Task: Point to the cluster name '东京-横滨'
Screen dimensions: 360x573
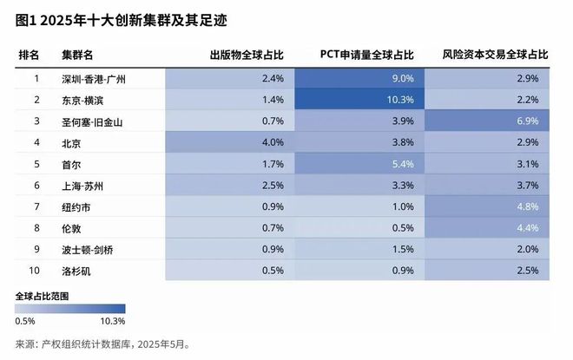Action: point(82,100)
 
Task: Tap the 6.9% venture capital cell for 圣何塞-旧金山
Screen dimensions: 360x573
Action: point(489,121)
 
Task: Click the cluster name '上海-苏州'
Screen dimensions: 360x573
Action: point(82,185)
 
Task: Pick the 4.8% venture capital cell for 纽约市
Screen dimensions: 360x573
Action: point(489,206)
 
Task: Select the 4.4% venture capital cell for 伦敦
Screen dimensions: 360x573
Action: point(489,227)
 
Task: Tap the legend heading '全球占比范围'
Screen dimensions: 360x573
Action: point(43,296)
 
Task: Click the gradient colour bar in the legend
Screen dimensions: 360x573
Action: point(70,308)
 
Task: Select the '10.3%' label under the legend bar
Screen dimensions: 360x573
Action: point(113,321)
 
